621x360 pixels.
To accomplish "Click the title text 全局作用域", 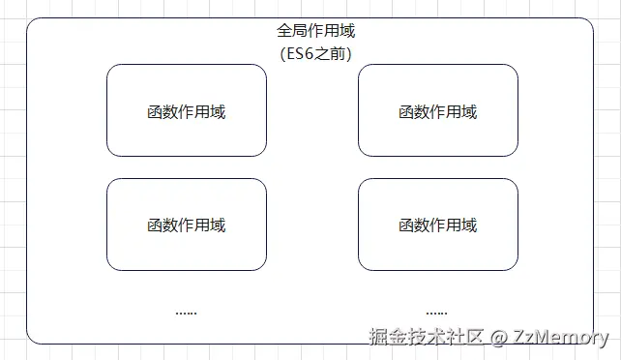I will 315,32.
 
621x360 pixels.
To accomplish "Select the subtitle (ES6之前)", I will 315,53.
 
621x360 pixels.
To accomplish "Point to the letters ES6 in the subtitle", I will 304,53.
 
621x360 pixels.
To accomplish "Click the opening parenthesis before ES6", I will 281,53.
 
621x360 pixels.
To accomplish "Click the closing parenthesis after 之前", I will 348,53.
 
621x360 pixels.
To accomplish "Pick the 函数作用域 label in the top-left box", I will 187,111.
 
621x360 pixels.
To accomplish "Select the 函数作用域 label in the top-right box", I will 438,111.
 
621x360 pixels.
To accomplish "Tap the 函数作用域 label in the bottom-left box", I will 187,225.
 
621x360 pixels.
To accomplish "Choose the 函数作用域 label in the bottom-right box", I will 438,225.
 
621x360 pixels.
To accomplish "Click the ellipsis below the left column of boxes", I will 187,313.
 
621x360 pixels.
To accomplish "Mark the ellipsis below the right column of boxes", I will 436,313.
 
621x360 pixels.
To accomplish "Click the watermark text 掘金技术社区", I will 427,337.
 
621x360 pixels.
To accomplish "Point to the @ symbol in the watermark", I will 499,338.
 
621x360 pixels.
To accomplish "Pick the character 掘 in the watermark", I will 378,337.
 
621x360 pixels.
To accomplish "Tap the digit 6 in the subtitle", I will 312,53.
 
